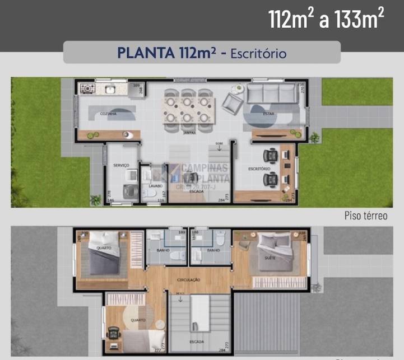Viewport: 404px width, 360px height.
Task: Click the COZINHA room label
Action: (x=108, y=114)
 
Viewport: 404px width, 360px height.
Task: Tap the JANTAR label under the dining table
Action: (x=188, y=133)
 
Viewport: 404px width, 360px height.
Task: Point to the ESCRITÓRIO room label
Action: (x=259, y=169)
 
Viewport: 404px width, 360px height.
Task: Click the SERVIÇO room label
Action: (x=121, y=165)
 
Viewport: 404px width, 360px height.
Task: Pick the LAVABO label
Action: (x=155, y=185)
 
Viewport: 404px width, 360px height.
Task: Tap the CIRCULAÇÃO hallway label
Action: (x=188, y=279)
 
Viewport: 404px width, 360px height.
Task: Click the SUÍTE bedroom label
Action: (x=269, y=258)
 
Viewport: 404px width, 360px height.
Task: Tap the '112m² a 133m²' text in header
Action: (x=326, y=20)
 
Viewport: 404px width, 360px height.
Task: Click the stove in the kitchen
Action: (x=87, y=88)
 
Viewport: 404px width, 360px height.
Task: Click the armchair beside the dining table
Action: (x=231, y=102)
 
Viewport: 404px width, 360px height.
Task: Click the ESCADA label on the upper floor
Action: (x=196, y=341)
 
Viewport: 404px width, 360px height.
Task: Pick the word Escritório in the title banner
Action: (x=259, y=53)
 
